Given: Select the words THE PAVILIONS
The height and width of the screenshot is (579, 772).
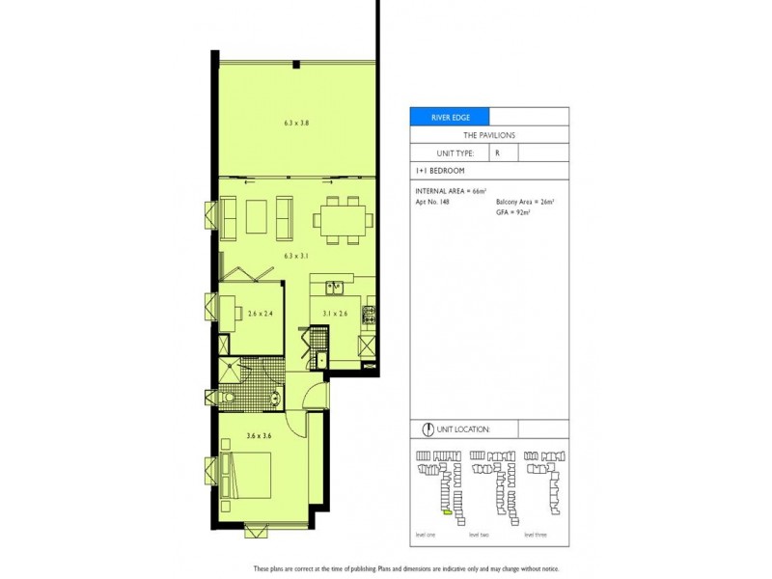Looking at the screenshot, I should point(488,136).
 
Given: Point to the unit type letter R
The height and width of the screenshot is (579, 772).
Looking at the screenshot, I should point(498,152).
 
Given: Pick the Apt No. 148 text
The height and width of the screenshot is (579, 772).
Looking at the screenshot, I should point(433,202).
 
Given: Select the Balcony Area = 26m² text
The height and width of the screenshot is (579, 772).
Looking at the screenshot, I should point(526,202).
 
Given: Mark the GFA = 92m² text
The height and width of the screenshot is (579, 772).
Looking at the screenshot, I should point(513,211).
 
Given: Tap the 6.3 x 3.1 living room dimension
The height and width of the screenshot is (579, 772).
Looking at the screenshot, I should point(295,256).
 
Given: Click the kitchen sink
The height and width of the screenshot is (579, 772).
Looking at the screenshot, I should point(335,287).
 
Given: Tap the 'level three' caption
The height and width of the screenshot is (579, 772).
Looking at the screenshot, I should point(536,533).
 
